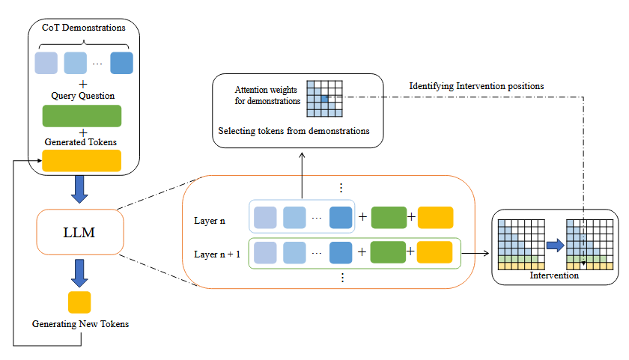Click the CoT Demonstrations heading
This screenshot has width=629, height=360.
83,28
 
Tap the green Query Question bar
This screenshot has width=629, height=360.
82,116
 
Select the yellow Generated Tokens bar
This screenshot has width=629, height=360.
82,161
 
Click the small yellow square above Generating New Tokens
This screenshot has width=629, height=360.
79,302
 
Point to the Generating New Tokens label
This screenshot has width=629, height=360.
80,324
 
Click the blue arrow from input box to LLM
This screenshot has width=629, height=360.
79,191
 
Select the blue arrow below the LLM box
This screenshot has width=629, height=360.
79,274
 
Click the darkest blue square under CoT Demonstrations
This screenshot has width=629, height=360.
121,63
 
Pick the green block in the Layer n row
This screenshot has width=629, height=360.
389,218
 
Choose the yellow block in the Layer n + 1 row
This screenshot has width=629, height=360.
434,252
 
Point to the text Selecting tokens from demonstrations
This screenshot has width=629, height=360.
294,131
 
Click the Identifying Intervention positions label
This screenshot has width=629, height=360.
476,86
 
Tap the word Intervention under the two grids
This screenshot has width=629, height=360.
554,275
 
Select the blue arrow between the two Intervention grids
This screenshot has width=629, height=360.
555,245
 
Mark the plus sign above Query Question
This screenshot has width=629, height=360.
83,83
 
